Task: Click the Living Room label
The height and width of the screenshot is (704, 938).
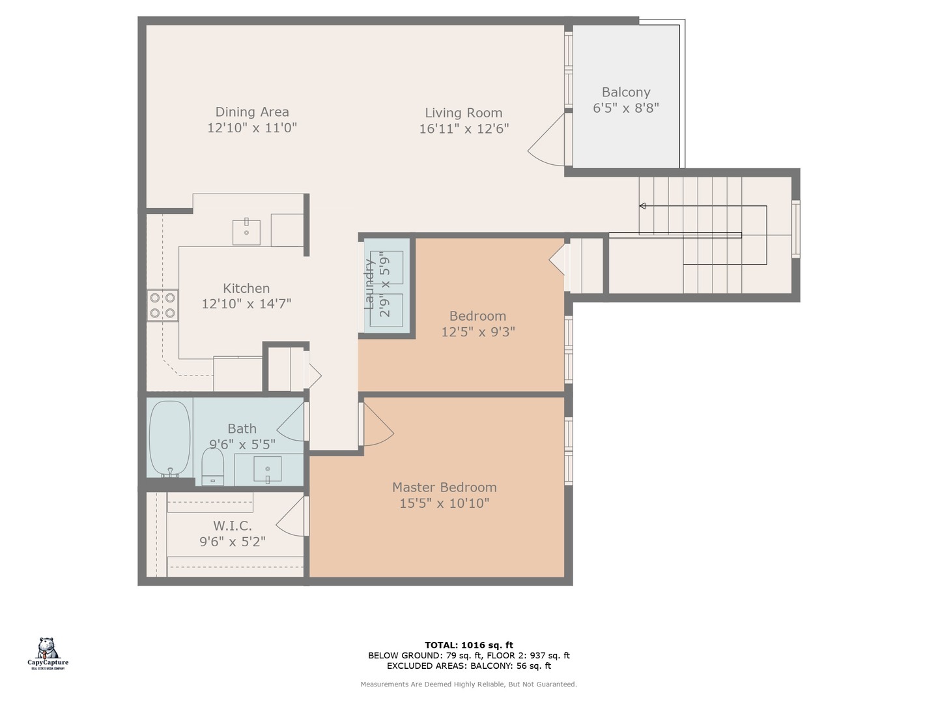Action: click(x=463, y=113)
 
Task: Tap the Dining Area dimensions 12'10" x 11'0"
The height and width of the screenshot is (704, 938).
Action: click(x=252, y=128)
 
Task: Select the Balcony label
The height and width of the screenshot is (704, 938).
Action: click(x=625, y=92)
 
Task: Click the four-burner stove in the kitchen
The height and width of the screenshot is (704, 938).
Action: click(x=162, y=305)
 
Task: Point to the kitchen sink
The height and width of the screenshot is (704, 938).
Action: click(x=246, y=232)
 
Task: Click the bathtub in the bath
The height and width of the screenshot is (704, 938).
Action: click(x=169, y=438)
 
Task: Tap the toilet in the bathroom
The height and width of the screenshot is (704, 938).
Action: click(x=212, y=468)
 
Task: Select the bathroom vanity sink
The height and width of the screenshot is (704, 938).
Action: click(x=267, y=469)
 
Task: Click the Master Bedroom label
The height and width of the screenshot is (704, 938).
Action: click(x=444, y=487)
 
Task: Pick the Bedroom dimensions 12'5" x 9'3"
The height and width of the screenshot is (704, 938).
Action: click(x=477, y=332)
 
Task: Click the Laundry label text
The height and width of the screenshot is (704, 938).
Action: click(x=369, y=284)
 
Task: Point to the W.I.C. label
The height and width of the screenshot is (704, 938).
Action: click(x=232, y=525)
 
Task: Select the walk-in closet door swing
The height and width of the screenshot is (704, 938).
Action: click(x=291, y=517)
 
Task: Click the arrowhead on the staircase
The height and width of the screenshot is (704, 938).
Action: click(x=642, y=206)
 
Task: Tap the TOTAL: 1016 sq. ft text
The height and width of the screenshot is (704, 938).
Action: click(x=468, y=645)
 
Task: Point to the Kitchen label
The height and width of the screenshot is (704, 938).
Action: click(x=246, y=288)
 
